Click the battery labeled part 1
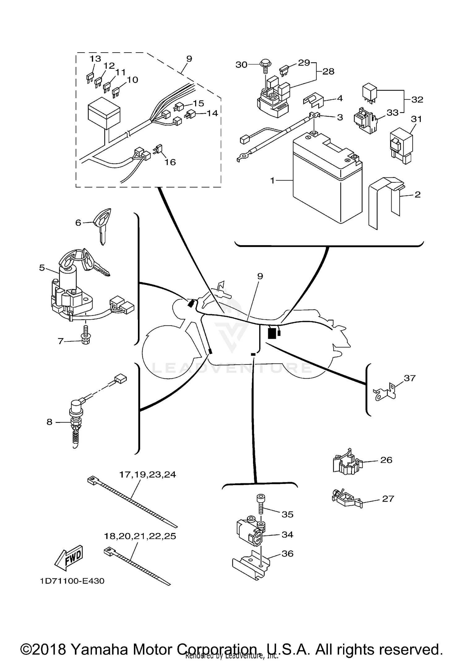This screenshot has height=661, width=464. (x=327, y=180)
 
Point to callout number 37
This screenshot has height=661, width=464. (x=410, y=378)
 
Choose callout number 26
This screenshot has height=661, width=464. (x=386, y=460)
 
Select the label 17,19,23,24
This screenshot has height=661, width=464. (x=148, y=474)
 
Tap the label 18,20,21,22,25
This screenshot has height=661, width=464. (x=140, y=536)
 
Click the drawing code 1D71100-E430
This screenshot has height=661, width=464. (x=72, y=581)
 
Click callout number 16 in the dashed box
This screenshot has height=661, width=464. (x=170, y=162)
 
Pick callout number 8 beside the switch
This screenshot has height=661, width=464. (x=49, y=422)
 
